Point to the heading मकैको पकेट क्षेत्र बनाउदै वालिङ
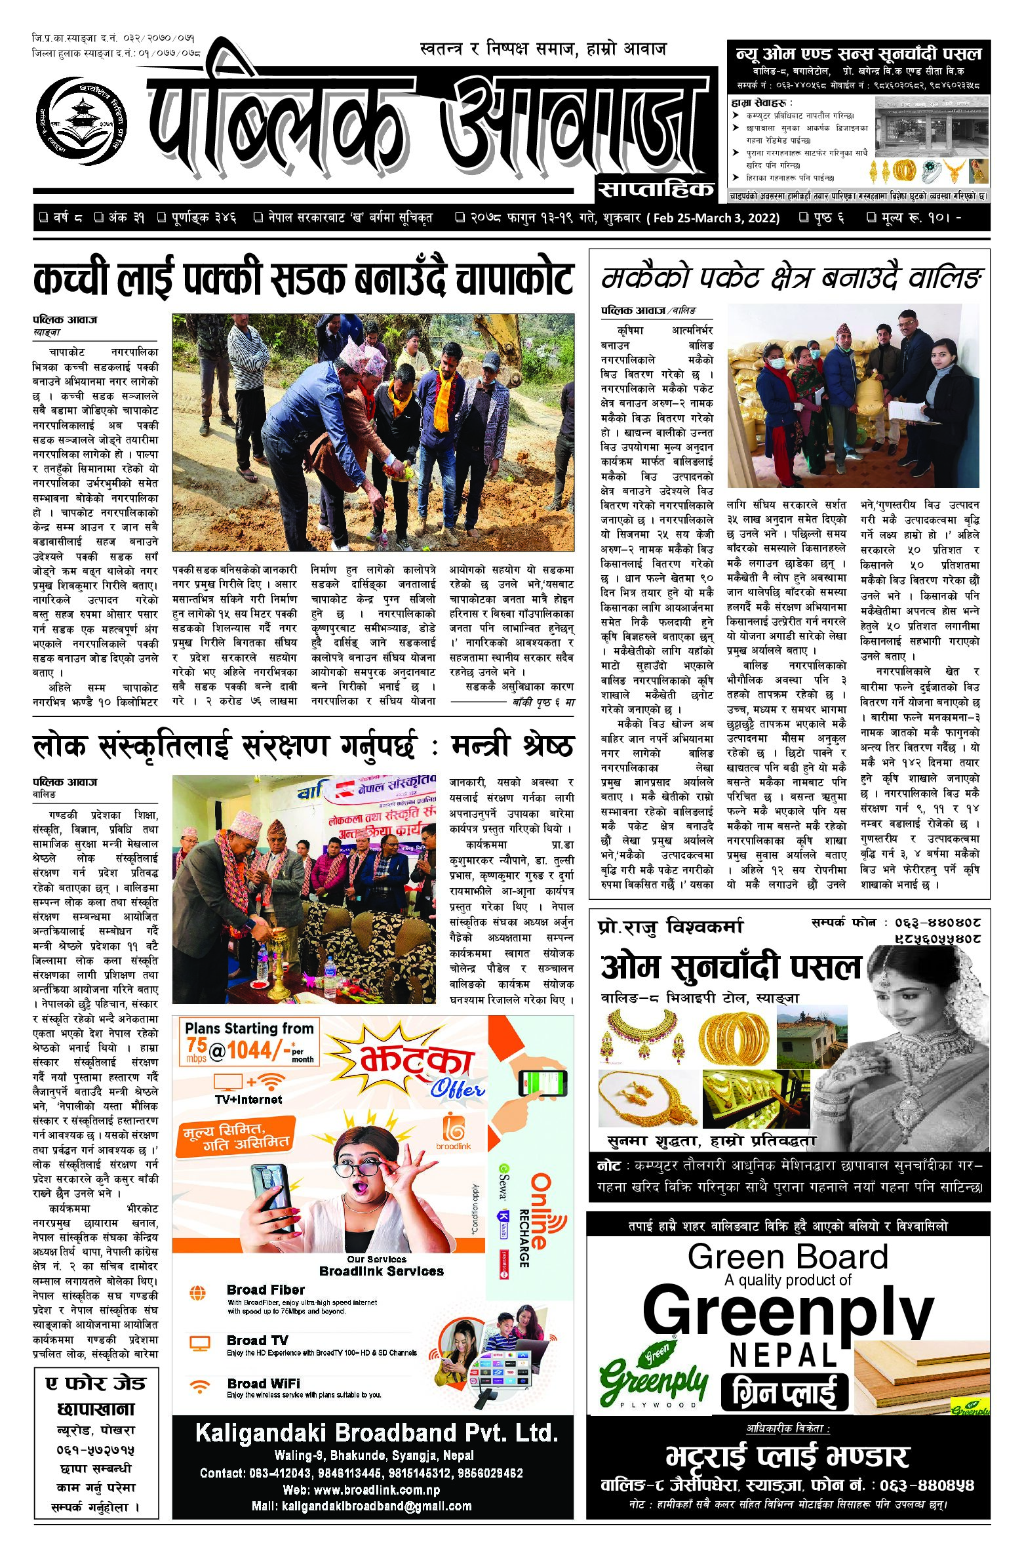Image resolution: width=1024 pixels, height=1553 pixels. pyautogui.click(x=791, y=279)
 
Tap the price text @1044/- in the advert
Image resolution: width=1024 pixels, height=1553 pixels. pyautogui.click(x=250, y=1051)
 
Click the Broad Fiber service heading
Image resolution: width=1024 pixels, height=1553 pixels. pyautogui.click(x=266, y=1289)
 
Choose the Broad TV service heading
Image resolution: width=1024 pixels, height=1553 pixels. pyautogui.click(x=257, y=1340)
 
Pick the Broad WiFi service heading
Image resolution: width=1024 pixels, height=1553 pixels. pyautogui.click(x=264, y=1383)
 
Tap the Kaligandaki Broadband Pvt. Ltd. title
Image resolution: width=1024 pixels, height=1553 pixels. pyautogui.click(x=376, y=1433)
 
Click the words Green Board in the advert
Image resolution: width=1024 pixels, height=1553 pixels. pyautogui.click(x=788, y=1257)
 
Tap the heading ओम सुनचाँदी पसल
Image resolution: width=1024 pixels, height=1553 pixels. pyautogui.click(x=730, y=967)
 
